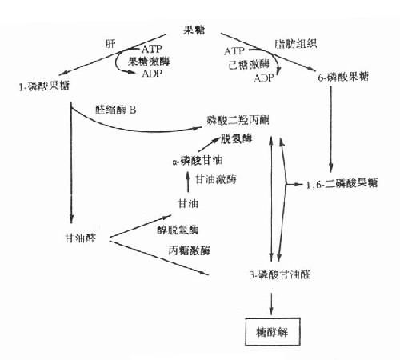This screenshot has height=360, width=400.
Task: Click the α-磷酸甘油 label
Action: [192, 159]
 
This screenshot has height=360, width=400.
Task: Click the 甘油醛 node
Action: [80, 238]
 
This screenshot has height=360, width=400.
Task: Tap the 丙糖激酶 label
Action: [189, 250]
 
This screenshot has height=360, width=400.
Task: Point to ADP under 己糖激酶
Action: [263, 78]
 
